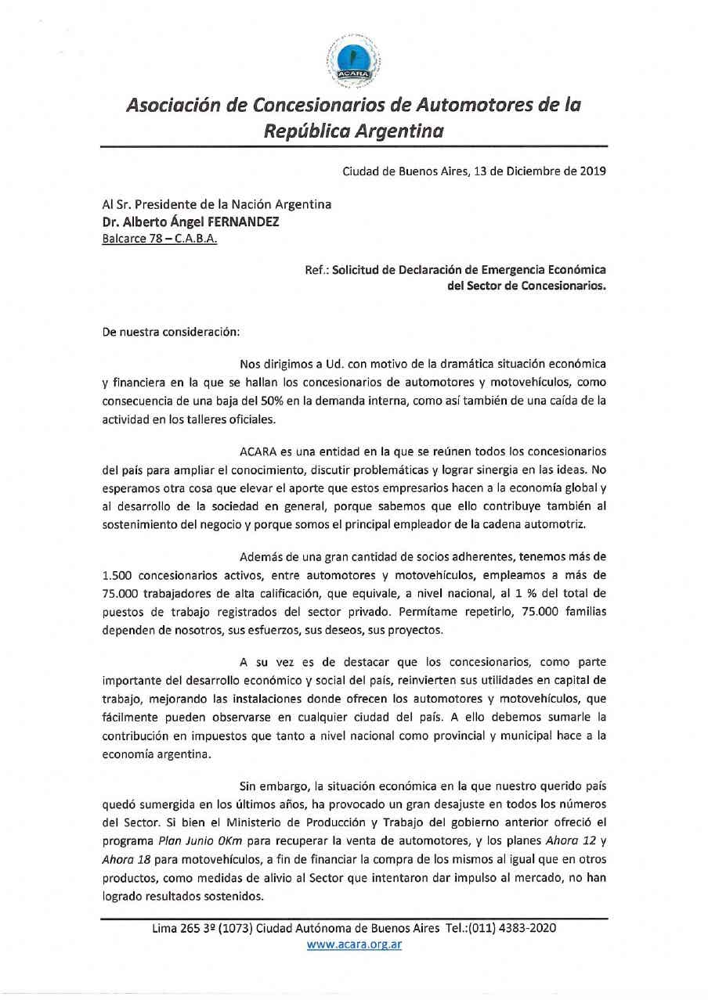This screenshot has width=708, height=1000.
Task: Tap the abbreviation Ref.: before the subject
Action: [317, 270]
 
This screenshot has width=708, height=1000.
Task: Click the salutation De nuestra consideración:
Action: [170, 331]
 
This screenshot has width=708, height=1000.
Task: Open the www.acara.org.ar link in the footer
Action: [354, 944]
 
